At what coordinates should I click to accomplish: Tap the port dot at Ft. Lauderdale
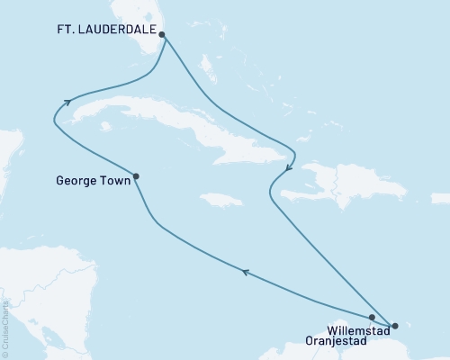point(162,34)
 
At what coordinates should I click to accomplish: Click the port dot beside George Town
point(136,176)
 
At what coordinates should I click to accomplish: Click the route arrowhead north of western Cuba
point(67,101)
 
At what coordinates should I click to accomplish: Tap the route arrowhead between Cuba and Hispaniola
point(287,167)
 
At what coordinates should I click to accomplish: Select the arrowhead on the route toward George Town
point(245,270)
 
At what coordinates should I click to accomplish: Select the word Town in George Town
point(112,178)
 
